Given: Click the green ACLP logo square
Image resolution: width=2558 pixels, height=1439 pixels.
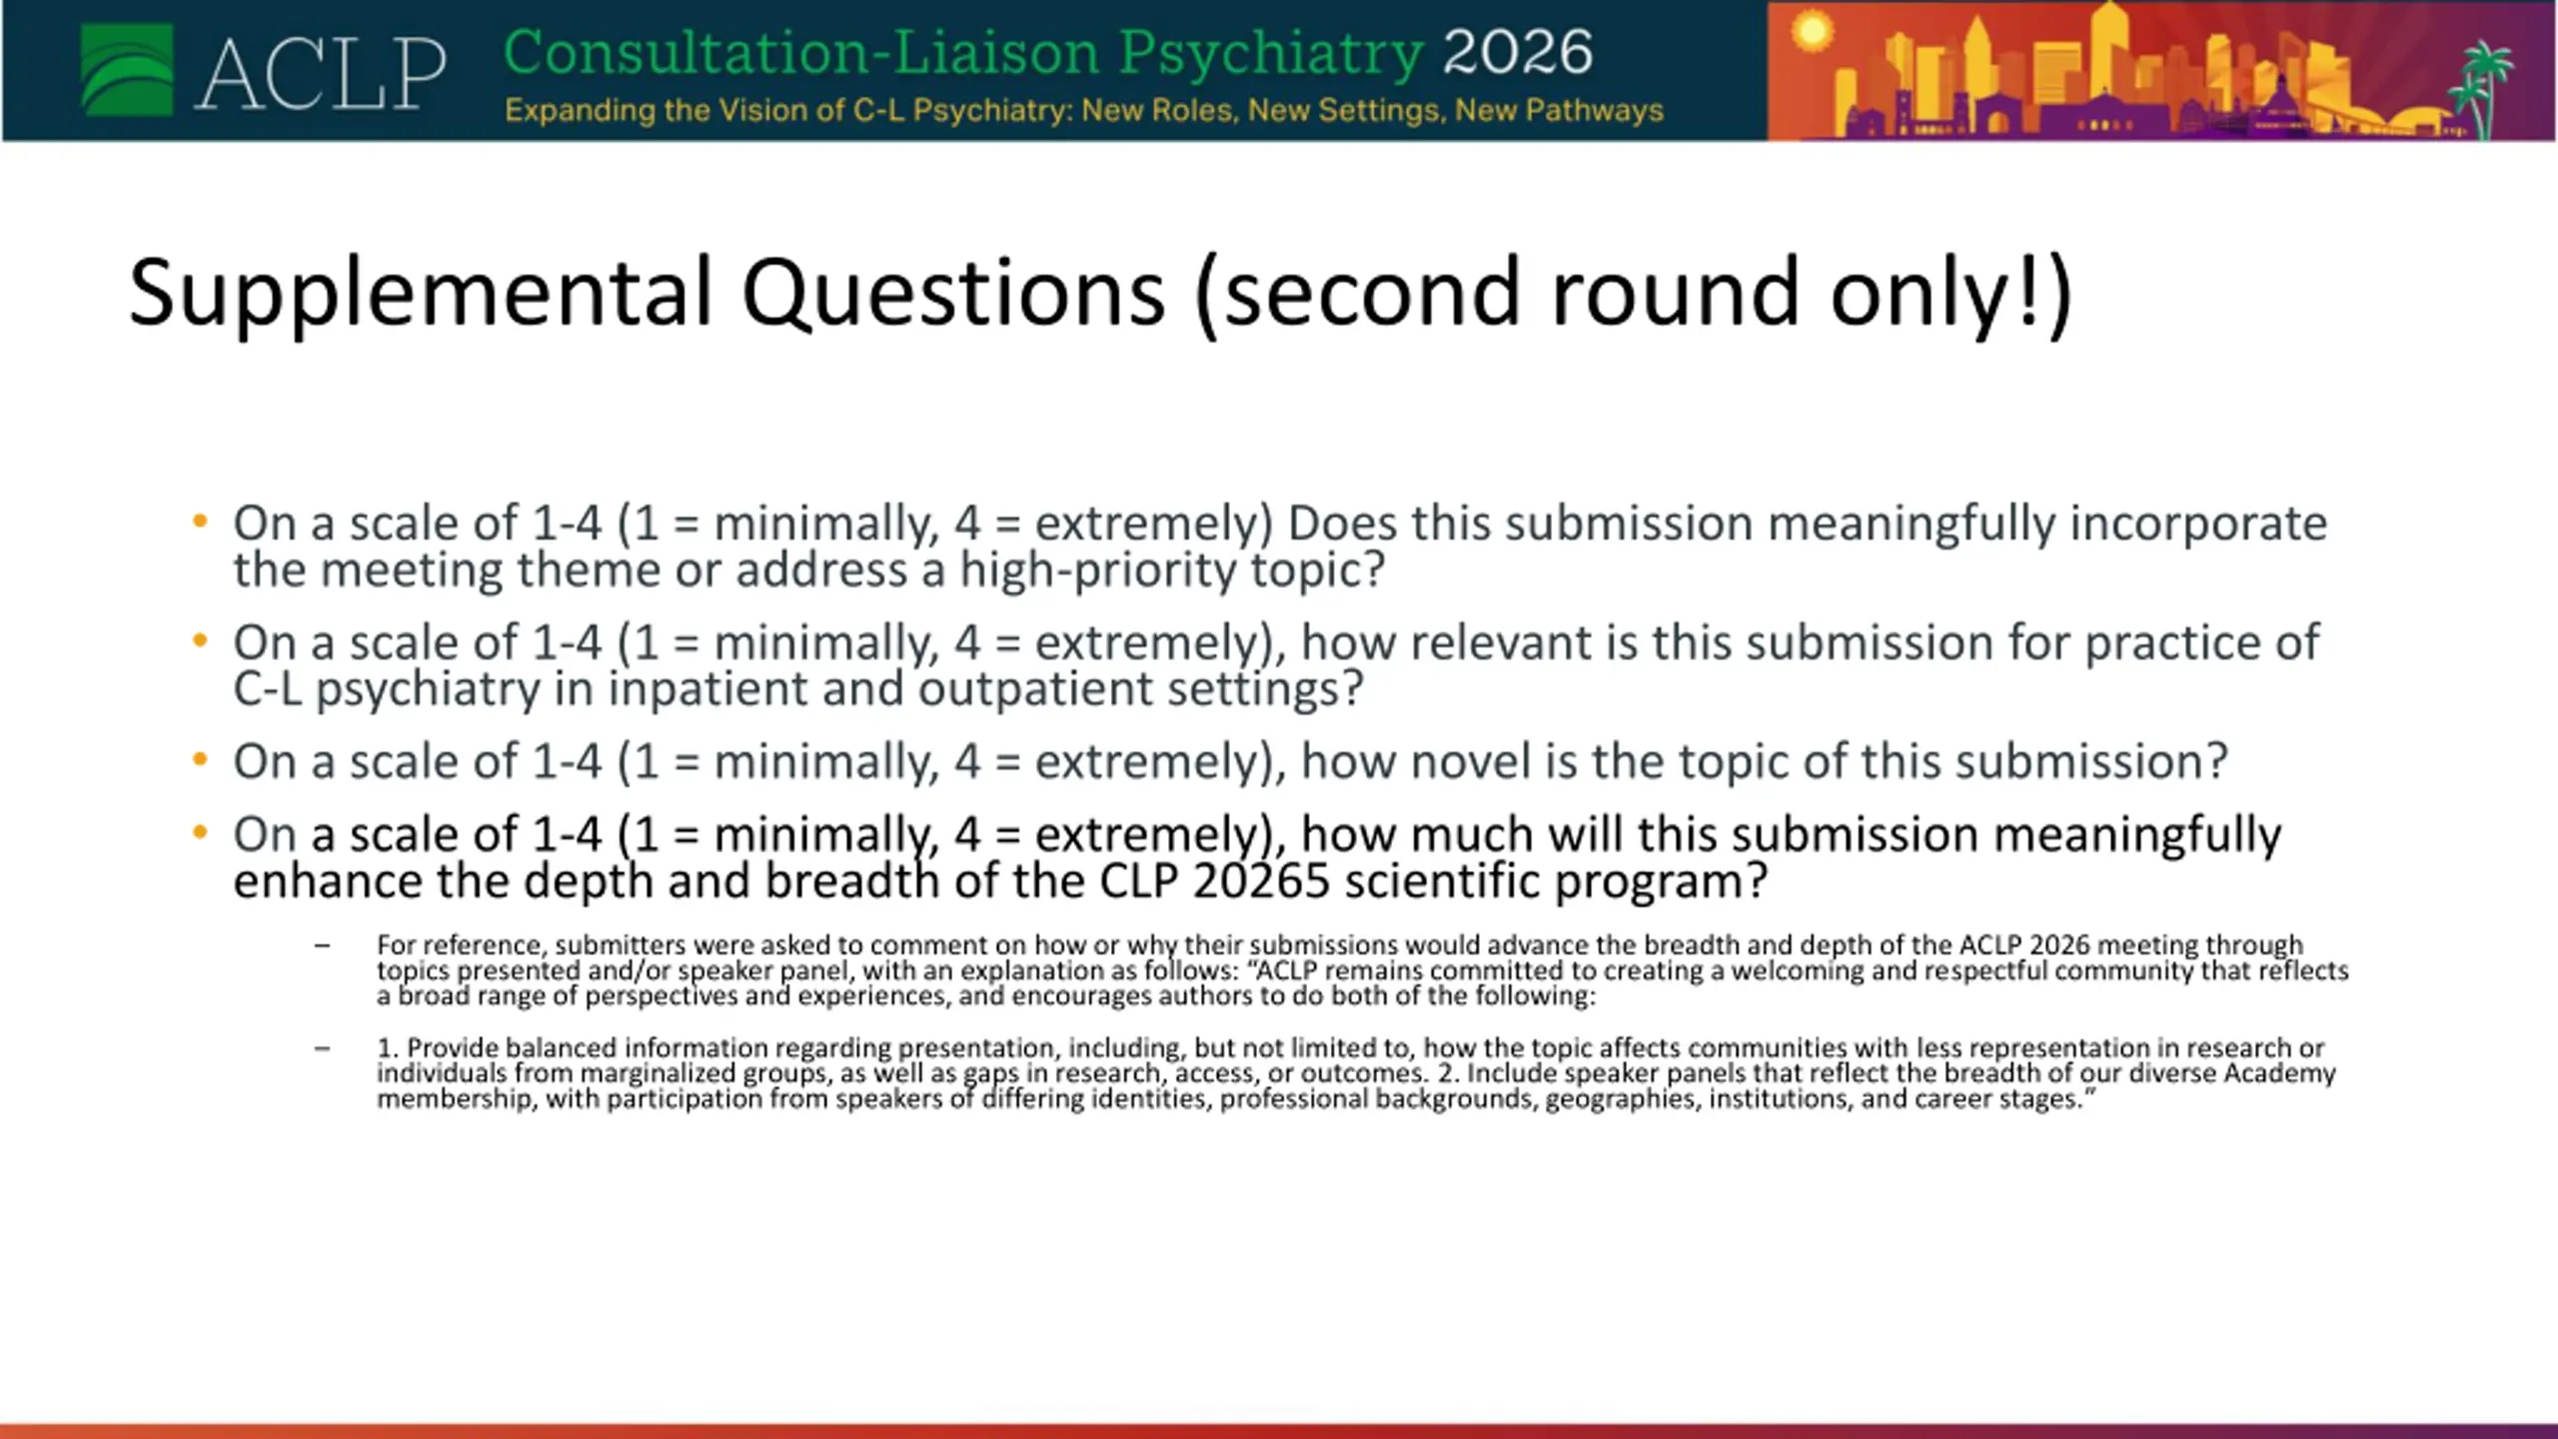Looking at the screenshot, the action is point(127,70).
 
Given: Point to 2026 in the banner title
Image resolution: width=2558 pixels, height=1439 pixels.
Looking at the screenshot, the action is point(1518,52).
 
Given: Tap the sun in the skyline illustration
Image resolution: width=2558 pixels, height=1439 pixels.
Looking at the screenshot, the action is point(1812,31).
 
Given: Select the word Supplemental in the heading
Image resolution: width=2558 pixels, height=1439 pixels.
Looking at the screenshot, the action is point(421,294).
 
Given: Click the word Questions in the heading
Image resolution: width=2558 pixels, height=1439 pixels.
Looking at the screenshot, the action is point(953,294).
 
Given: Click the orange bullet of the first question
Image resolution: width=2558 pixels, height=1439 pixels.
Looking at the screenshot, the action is point(200,521).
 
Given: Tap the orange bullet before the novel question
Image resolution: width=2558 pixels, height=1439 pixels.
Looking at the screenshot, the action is point(200,759).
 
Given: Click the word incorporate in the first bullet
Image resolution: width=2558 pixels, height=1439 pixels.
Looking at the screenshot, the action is point(2198,525).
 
